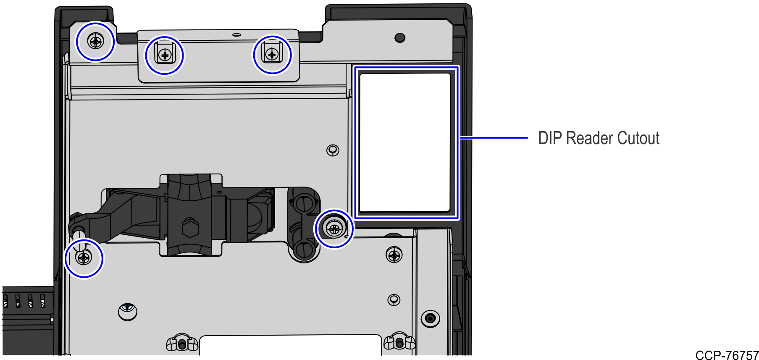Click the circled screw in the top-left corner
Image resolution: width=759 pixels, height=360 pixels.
coord(96,42)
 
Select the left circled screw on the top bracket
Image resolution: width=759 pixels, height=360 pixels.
coord(165,55)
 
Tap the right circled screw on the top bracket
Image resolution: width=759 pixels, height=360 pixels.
coord(272,55)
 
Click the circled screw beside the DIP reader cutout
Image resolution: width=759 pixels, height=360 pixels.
coord(334,229)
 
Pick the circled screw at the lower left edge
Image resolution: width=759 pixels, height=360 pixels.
coord(84,258)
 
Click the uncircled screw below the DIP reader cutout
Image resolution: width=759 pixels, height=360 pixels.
coord(394,255)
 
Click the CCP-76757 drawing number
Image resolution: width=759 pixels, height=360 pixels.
coord(727,355)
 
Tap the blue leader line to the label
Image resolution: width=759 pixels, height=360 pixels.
coord(494,137)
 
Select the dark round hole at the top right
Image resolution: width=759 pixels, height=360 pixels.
coord(400,38)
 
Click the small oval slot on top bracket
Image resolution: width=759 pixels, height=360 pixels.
coord(236,34)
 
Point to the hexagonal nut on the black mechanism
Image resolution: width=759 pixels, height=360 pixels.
coord(190,228)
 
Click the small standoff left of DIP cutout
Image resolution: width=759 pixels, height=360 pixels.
coord(333,150)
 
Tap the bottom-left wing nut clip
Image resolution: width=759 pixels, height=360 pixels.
coord(181,343)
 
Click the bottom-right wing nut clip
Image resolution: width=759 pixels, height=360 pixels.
coord(399,342)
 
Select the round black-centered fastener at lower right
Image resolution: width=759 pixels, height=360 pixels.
coord(430,318)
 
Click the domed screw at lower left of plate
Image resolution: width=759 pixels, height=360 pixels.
coord(128,311)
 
